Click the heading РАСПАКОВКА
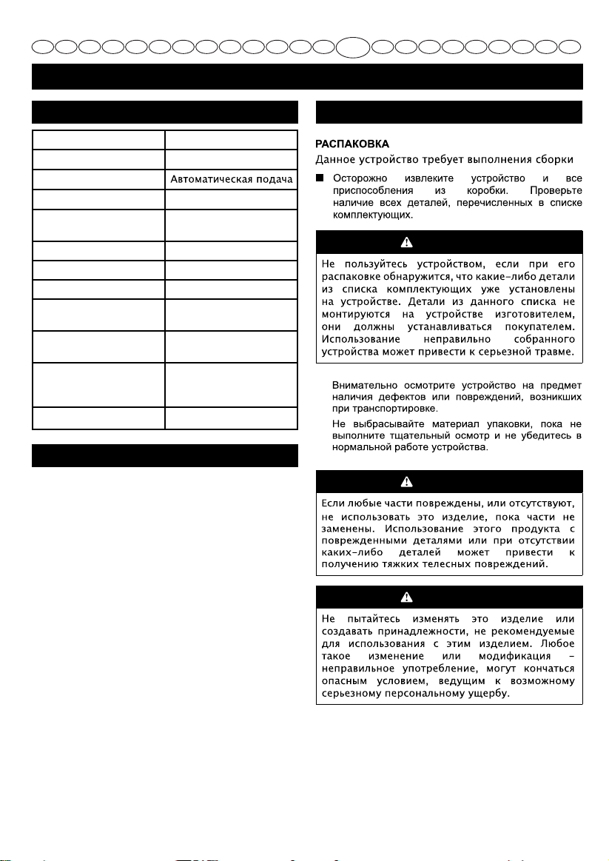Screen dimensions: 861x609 [354, 143]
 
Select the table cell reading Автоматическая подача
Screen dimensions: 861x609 [230, 180]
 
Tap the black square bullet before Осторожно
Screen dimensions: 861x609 [322, 178]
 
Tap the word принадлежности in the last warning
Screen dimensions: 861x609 [423, 631]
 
